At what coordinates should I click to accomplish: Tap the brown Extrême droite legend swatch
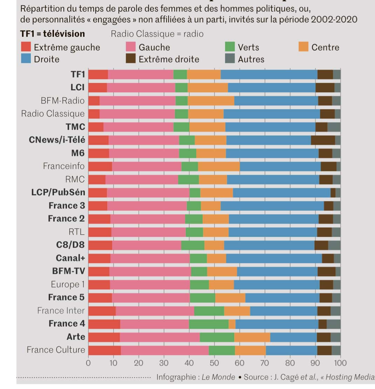(131, 59)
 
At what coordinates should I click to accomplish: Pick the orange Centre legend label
(325, 47)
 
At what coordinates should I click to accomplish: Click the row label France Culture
(56, 350)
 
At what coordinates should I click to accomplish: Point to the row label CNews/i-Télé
(57, 140)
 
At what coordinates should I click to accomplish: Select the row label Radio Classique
(53, 114)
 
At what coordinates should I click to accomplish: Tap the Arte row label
(76, 337)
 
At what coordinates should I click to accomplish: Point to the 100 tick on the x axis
(340, 363)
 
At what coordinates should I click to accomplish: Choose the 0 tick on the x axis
(88, 363)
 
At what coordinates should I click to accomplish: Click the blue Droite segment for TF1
(269, 75)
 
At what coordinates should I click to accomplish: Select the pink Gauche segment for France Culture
(165, 350)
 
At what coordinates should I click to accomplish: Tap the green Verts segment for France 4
(209, 324)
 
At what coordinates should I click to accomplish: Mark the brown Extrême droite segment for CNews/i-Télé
(323, 140)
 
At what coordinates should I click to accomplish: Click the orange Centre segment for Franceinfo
(219, 166)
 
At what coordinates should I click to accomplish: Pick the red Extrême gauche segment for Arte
(104, 337)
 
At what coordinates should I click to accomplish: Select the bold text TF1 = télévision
(53, 34)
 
